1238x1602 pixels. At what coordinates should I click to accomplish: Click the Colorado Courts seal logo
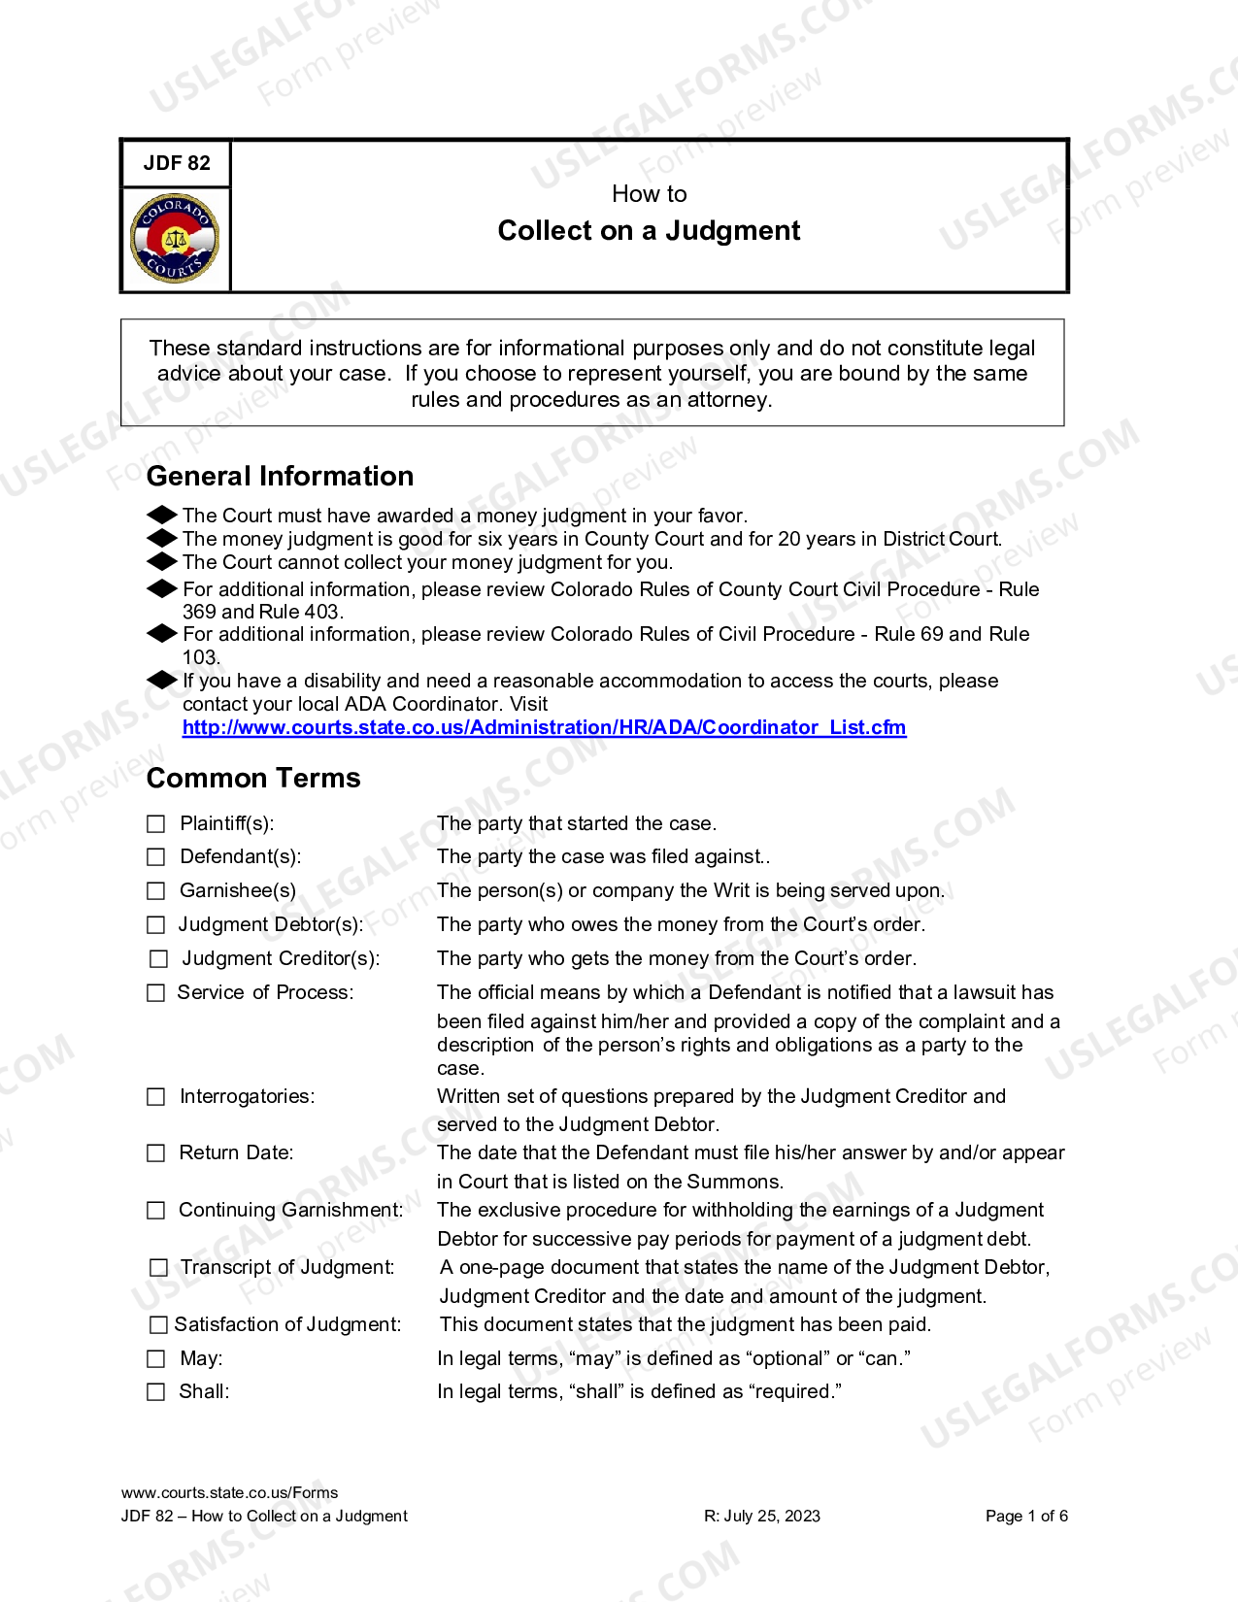175,238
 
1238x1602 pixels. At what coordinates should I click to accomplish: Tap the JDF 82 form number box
176,163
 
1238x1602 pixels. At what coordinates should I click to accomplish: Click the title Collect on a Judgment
649,231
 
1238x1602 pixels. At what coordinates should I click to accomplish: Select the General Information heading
280,476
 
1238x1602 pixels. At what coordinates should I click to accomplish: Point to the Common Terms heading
252,778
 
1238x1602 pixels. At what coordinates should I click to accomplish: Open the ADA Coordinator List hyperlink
544,727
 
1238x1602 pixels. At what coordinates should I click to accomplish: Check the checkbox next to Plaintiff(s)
156,824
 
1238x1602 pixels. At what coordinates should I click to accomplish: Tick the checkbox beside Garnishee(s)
156,891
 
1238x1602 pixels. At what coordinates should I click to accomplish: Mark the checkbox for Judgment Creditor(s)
158,959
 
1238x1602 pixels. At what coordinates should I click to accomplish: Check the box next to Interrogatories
156,1097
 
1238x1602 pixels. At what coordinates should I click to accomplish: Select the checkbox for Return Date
156,1153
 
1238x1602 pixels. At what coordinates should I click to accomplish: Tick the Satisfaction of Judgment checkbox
158,1325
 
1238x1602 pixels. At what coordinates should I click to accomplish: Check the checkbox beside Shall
156,1392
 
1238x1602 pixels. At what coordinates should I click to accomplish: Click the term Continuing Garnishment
290,1210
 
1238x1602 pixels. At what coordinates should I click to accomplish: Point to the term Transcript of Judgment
287,1267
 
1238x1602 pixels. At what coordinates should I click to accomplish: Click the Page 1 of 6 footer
1026,1516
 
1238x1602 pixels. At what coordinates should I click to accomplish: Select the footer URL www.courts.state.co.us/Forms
230,1492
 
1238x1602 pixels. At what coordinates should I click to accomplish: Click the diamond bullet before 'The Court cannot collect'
161,561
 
